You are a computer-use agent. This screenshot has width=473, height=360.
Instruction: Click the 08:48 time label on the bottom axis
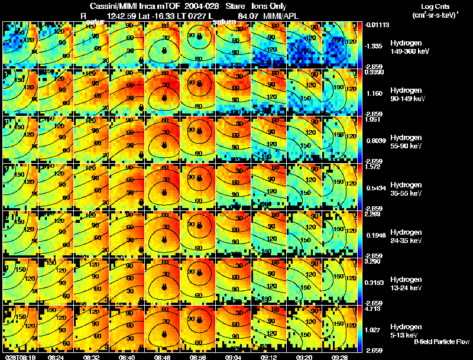click(x=163, y=356)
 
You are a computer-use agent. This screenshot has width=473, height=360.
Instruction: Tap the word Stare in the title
click(x=235, y=7)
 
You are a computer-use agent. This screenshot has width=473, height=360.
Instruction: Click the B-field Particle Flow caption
click(x=442, y=342)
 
